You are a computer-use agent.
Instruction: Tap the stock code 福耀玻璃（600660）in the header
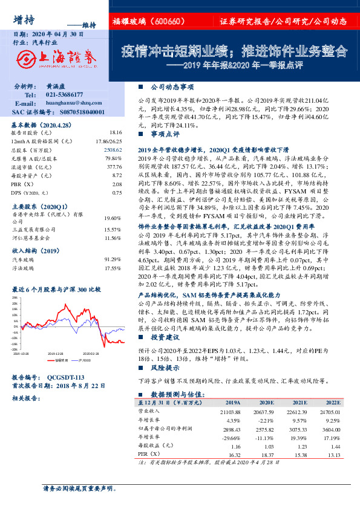(x=148, y=22)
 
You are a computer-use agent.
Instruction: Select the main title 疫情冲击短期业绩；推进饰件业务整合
(x=234, y=49)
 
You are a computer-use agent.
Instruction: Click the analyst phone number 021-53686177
(x=68, y=96)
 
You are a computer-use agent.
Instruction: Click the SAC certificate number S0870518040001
(x=76, y=112)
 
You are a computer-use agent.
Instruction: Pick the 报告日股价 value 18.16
(x=115, y=132)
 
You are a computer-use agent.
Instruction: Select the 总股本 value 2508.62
(x=114, y=149)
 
